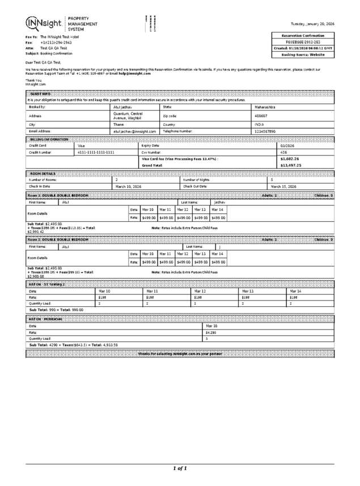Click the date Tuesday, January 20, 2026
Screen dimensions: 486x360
[x=312, y=24]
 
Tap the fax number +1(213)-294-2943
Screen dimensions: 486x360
[x=56, y=43]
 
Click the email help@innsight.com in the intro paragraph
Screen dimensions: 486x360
[x=135, y=73]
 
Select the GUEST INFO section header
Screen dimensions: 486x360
[x=41, y=93]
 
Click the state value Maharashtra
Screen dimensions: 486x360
[x=265, y=107]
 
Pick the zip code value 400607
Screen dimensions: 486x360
[x=261, y=115]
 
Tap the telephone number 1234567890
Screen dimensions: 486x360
[x=265, y=131]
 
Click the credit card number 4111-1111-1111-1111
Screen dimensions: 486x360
[x=96, y=152]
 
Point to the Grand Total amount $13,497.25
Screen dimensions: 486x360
[x=290, y=165]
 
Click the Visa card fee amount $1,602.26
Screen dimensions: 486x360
[x=290, y=159]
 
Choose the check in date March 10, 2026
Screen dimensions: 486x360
[x=128, y=186]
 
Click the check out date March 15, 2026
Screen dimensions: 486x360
[x=283, y=186]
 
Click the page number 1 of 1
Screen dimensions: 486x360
[x=180, y=468]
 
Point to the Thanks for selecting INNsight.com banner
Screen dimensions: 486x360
[x=180, y=353]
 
